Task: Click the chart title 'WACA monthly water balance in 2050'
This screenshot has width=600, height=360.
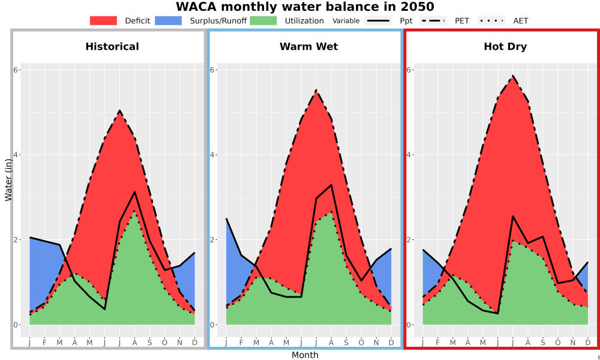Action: coord(305,7)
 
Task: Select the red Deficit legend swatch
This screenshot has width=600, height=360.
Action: coord(103,20)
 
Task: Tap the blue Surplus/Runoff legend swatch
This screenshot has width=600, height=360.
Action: coord(169,20)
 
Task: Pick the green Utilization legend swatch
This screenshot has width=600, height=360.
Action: coord(263,20)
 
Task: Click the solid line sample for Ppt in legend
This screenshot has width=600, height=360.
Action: coord(378,20)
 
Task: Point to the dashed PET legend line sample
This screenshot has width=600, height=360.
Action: coord(433,20)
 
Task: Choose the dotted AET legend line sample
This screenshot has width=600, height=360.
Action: coord(491,20)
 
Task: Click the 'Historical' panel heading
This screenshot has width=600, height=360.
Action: coord(112,47)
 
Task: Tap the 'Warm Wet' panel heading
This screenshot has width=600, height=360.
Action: coord(309,47)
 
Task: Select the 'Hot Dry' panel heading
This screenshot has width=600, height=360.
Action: coord(505,47)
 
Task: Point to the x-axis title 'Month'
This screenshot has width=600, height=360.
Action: coord(305,355)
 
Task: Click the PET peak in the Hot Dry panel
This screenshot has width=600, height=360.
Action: coord(513,76)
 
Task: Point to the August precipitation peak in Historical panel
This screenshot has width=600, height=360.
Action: coord(134,191)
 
